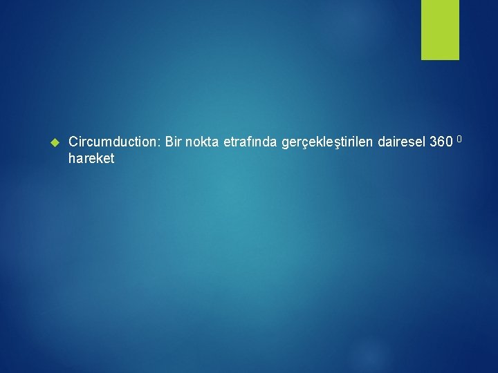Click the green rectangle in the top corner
[440, 30]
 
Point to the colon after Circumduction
[160, 143]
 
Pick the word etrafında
[250, 142]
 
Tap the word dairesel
[402, 142]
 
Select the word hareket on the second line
[91, 158]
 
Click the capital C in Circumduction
[74, 142]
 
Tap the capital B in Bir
[169, 142]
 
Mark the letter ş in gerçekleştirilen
[335, 143]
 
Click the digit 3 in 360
[433, 142]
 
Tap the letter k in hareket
[100, 158]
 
